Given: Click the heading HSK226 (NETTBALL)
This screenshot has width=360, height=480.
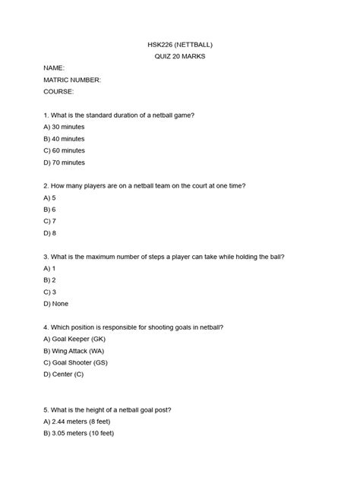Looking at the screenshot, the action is tap(180, 44).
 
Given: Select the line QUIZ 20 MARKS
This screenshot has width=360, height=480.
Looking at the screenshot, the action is tap(180, 56).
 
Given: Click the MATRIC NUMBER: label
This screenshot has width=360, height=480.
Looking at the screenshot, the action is tap(73, 80).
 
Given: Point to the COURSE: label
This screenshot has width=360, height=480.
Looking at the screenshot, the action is tap(59, 91).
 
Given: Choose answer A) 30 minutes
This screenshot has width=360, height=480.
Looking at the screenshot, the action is tap(65, 127).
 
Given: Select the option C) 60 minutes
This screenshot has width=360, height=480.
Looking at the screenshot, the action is tap(65, 150).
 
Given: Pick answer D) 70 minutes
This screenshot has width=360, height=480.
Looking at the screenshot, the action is tap(65, 163).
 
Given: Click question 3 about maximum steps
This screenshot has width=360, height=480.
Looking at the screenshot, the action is tap(164, 256).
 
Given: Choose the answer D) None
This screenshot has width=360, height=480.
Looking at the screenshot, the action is tap(56, 304).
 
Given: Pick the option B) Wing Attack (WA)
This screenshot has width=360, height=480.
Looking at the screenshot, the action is tap(74, 351).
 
